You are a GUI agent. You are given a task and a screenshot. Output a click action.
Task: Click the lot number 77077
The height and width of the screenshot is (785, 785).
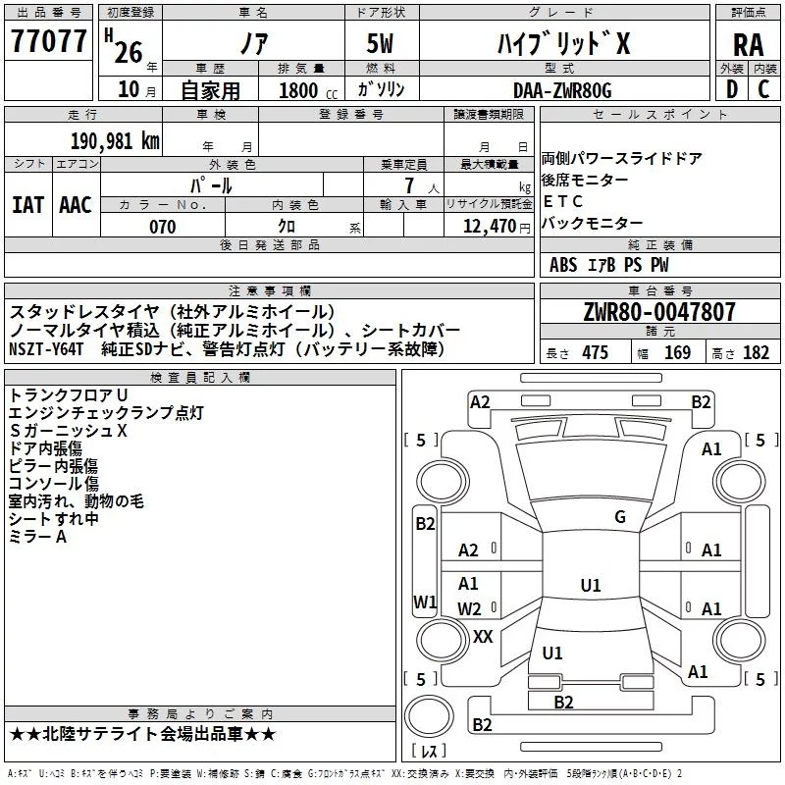point(49,40)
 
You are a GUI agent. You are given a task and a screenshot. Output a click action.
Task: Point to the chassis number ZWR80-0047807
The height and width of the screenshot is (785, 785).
point(658,313)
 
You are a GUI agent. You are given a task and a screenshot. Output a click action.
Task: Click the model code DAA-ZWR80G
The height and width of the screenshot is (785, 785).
point(562,90)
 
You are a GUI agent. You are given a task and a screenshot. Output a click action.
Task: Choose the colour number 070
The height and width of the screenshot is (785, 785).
point(162,228)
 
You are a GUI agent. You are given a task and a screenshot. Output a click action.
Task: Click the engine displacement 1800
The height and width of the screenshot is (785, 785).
point(299,90)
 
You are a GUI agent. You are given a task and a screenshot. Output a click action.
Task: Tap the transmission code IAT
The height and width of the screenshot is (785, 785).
point(27,204)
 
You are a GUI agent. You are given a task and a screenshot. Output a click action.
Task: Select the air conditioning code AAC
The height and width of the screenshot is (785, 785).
point(75,204)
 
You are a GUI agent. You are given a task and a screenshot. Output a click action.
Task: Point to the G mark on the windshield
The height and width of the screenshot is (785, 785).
point(619,517)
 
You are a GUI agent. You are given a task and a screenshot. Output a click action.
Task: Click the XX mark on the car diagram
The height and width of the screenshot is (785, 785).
point(483,637)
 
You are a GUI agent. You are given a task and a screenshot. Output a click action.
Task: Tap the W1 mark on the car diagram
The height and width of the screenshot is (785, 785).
point(425,602)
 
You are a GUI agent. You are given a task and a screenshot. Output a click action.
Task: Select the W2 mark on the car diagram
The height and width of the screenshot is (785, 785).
point(470,609)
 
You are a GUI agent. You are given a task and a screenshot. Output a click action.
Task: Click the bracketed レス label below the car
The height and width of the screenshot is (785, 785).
point(429,752)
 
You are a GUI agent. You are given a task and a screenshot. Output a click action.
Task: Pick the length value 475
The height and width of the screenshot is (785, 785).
point(595,352)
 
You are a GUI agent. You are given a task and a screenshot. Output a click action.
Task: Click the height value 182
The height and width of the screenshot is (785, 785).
point(756,352)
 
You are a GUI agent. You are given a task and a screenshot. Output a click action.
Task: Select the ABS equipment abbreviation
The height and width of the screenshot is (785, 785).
point(563,265)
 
